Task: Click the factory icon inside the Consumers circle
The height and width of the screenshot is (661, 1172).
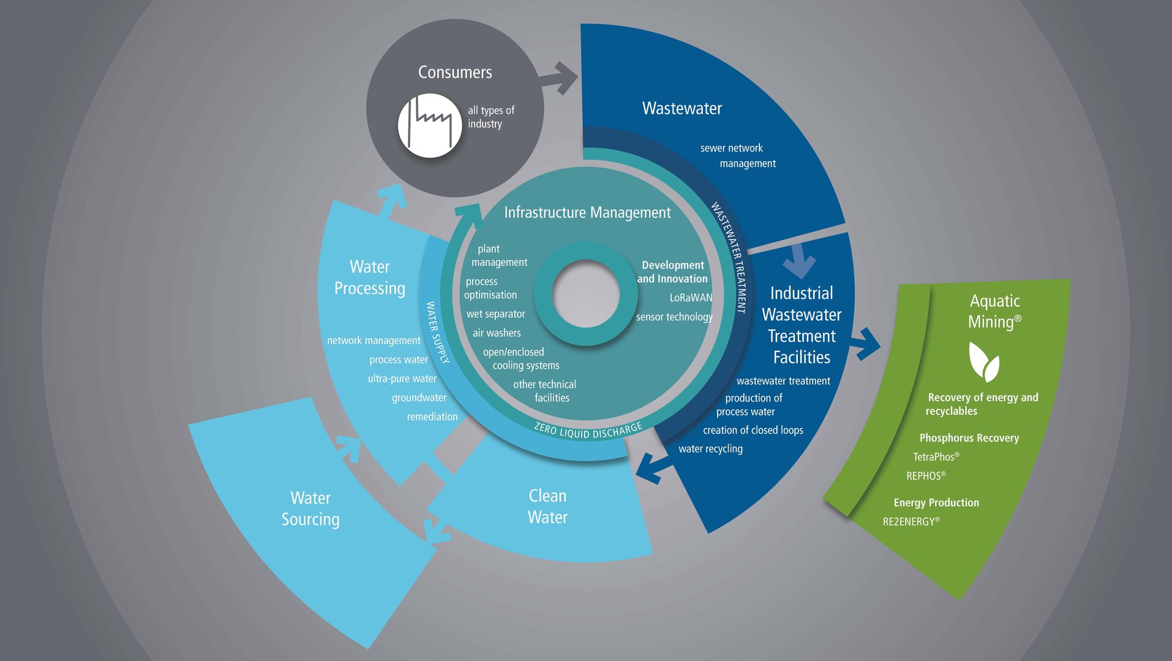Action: click(x=430, y=125)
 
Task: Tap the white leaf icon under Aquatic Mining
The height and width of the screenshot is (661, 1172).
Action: click(x=984, y=362)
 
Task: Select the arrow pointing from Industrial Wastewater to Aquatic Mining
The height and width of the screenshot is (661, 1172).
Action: click(x=865, y=344)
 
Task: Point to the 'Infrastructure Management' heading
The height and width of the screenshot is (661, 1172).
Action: click(x=587, y=212)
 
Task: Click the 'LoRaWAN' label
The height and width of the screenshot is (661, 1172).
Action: click(x=691, y=297)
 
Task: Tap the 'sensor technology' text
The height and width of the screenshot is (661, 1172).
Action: click(x=674, y=317)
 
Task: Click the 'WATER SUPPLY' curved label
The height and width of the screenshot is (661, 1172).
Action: click(x=437, y=332)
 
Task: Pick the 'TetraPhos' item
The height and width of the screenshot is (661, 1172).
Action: click(x=936, y=457)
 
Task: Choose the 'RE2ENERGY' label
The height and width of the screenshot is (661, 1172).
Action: click(x=911, y=521)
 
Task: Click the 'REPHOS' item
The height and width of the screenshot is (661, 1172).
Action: click(x=926, y=476)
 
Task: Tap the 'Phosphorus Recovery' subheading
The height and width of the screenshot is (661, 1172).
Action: click(x=969, y=438)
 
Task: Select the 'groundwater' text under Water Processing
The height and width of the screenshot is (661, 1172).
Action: click(x=419, y=398)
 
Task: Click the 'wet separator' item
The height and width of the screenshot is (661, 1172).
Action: click(x=495, y=314)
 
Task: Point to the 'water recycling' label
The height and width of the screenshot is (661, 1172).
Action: click(x=710, y=449)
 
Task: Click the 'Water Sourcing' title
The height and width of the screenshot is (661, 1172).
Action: click(x=310, y=509)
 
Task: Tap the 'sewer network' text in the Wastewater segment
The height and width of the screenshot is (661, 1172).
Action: click(x=732, y=148)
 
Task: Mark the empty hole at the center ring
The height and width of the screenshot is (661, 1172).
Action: click(x=586, y=294)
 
